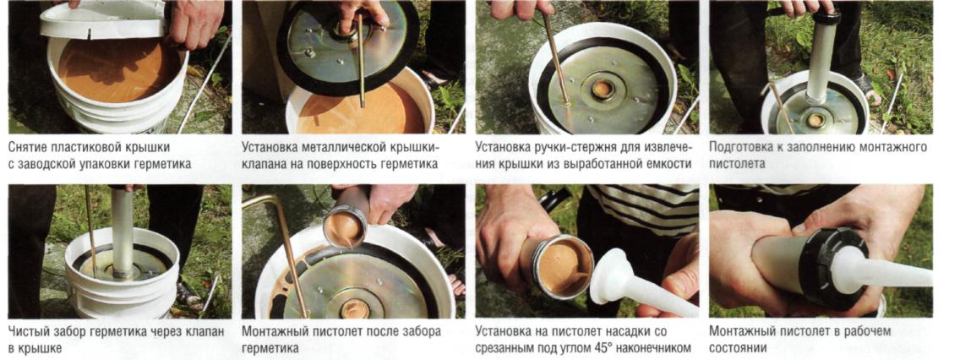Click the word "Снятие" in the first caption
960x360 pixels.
29,148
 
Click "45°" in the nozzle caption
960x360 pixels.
630,348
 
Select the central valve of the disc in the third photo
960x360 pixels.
603,90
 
